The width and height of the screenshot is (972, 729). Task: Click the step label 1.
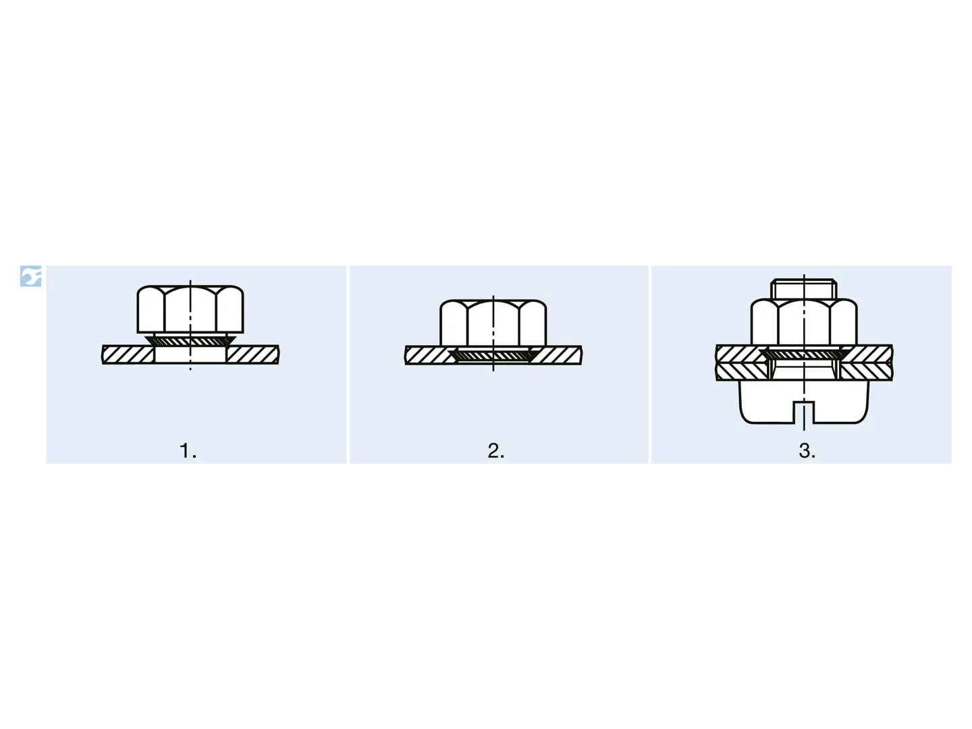pos(188,451)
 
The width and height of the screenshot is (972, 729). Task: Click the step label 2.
pos(496,451)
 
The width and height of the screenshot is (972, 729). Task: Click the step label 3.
pos(807,451)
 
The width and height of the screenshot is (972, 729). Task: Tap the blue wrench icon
pos(31,276)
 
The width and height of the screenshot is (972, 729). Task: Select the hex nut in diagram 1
pos(190,309)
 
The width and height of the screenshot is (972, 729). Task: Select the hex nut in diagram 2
pos(493,323)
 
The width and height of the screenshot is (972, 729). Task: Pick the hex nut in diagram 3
pos(804,322)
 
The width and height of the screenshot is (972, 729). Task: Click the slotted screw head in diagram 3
pos(804,402)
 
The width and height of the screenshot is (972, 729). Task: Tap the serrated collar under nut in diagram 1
pos(190,340)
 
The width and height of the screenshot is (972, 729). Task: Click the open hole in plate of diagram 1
pos(190,355)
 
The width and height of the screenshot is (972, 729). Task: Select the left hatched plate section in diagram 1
pos(128,355)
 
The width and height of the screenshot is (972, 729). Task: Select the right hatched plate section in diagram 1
pos(253,355)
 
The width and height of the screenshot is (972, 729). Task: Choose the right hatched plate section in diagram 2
pos(556,356)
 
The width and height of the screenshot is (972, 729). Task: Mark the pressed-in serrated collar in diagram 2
pos(493,355)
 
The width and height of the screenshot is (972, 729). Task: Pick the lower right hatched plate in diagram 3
pos(867,372)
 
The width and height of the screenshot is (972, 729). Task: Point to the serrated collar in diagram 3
pos(804,354)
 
